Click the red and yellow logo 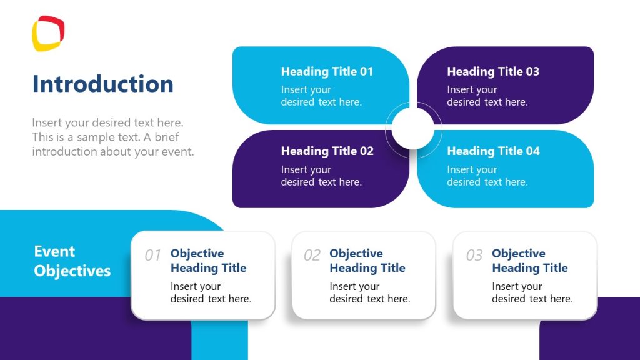48,33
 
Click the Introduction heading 103,84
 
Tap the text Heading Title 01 327,71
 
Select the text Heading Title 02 327,151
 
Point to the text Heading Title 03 493,71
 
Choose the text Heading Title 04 493,151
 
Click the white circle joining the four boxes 413,128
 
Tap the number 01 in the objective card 153,255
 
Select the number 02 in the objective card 312,255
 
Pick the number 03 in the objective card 474,255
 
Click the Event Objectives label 72,261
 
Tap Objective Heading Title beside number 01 208,261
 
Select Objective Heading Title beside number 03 529,261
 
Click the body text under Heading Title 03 487,96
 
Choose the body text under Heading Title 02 321,176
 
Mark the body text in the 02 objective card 369,292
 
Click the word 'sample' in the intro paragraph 97,137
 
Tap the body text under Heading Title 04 487,176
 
